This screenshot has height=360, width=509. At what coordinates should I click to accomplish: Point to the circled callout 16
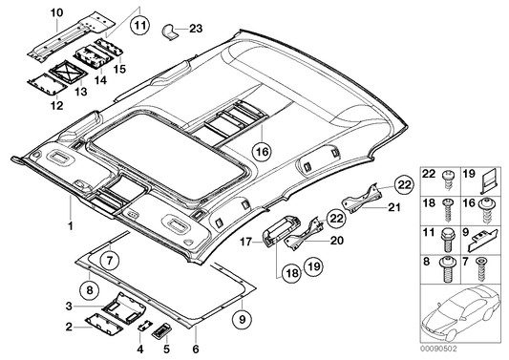point(262,150)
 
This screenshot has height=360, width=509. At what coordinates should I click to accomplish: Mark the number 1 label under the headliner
point(68,227)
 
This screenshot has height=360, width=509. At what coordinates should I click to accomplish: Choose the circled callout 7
point(111,259)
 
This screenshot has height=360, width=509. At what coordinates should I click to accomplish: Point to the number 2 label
point(68,327)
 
